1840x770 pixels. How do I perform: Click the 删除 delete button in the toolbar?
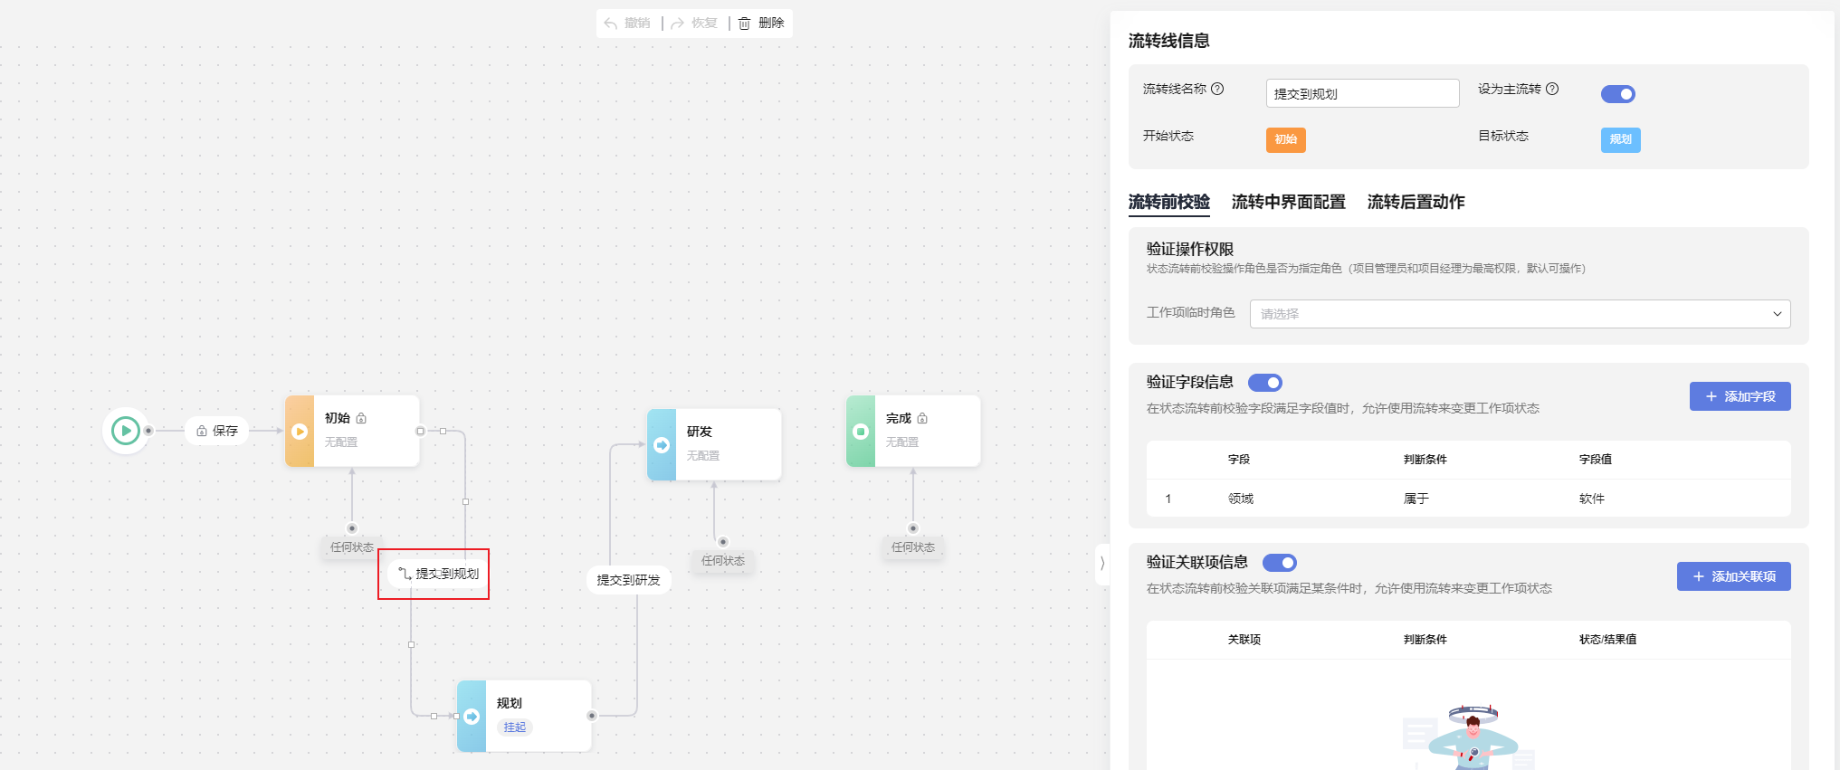click(761, 24)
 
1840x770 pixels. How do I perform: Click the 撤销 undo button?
click(627, 24)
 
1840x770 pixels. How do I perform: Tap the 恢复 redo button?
click(694, 24)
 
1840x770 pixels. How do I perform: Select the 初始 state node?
click(353, 431)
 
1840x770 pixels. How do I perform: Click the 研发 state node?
click(714, 444)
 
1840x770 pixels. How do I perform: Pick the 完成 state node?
click(913, 431)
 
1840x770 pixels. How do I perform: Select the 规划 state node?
click(525, 716)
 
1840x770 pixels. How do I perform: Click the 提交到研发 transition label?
click(628, 580)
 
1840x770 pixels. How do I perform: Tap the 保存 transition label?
click(217, 431)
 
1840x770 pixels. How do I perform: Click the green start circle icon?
click(126, 431)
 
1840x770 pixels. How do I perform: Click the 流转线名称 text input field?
click(1361, 93)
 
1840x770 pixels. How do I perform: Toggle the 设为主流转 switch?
click(1617, 94)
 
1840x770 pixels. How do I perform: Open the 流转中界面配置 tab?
click(1288, 202)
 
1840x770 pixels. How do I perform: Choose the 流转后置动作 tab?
click(1416, 202)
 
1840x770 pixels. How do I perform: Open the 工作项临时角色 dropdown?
click(1520, 314)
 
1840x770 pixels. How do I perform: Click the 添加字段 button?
click(1740, 396)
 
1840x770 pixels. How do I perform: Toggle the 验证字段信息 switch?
click(1265, 383)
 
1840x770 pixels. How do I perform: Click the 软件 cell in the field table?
click(1592, 499)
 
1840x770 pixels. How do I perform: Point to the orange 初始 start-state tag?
click(1285, 139)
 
